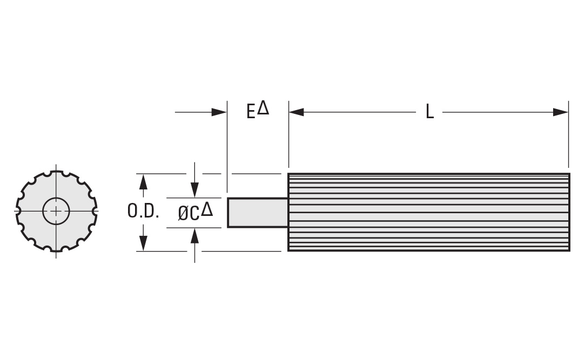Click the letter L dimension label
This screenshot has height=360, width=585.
click(429, 112)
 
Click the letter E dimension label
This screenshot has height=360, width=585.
click(251, 112)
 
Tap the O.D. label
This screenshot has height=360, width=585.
click(143, 212)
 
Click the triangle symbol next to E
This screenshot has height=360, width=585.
click(263, 108)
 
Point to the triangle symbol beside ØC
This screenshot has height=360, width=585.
click(207, 209)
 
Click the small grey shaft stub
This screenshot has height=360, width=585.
click(258, 212)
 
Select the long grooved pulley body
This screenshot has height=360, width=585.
click(428, 212)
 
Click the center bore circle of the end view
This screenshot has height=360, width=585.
click(56, 210)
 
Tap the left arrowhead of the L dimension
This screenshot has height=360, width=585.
click(296, 112)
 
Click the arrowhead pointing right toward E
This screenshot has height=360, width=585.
click(219, 112)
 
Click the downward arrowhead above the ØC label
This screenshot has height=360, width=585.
click(194, 191)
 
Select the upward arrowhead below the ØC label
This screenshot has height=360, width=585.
click(194, 235)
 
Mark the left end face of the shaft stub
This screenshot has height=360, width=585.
click(228, 212)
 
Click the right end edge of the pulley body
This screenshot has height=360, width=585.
click(569, 212)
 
